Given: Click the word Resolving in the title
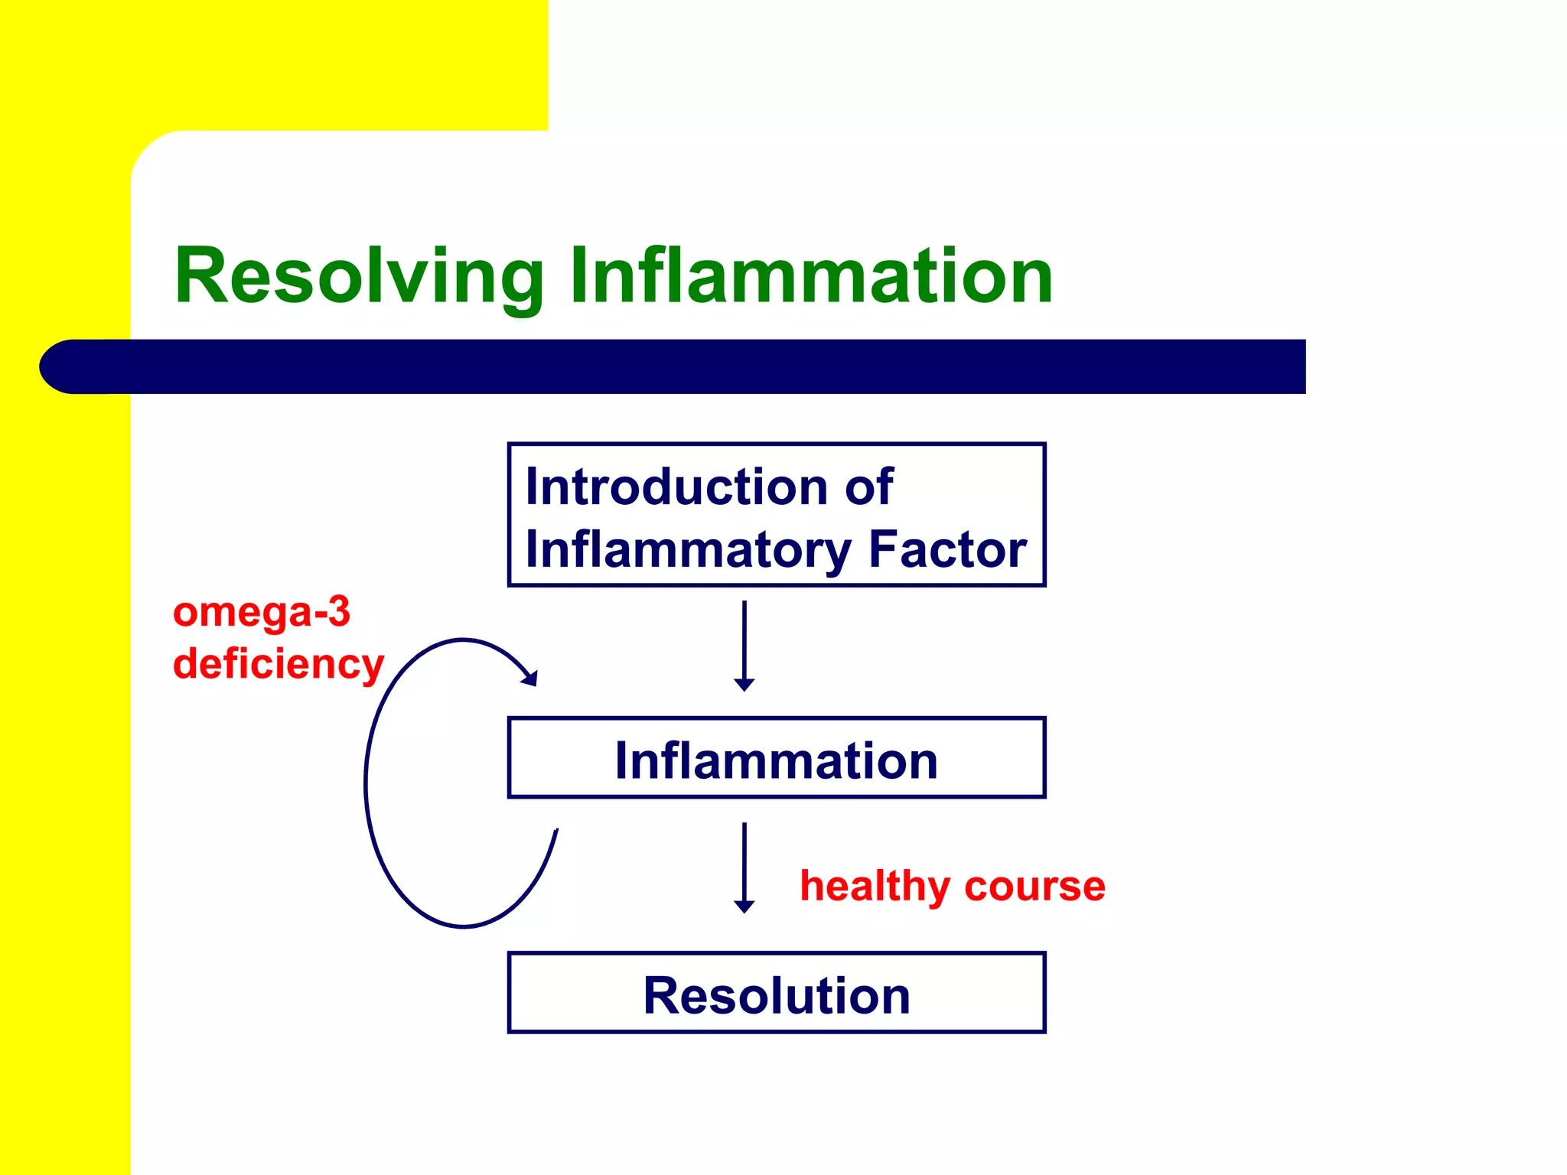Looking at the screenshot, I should click(358, 277).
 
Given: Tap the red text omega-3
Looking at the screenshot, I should click(261, 614).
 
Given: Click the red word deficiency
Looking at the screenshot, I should click(278, 664).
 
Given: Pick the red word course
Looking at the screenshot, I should click(1034, 887).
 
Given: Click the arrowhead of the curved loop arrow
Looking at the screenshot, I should click(530, 678).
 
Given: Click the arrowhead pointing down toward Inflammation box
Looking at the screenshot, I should click(744, 685).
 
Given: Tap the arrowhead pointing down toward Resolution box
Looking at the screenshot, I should click(744, 906).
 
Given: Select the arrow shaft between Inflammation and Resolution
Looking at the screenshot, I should click(744, 861).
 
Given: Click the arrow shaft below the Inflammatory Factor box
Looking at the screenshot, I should click(744, 639).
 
